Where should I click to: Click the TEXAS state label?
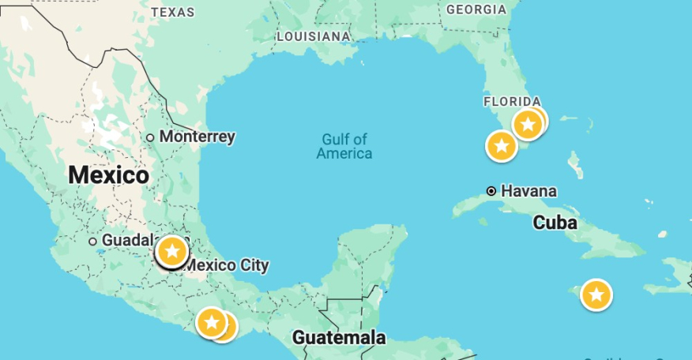[x=172, y=12]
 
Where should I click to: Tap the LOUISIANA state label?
[x=314, y=36]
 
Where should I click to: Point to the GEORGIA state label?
[x=476, y=9]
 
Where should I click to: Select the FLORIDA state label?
[x=512, y=101]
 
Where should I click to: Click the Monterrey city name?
[x=197, y=137]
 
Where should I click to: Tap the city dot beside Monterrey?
[x=150, y=137]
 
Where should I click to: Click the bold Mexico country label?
[x=108, y=174]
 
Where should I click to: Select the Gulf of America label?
[x=344, y=146]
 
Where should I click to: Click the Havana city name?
[x=528, y=191]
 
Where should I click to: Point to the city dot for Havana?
[x=491, y=191]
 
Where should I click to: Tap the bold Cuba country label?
[x=555, y=223]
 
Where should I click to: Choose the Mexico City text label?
[x=227, y=265]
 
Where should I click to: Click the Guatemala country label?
[x=339, y=338]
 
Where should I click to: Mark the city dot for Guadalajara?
[x=92, y=241]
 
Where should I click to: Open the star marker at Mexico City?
[x=171, y=252]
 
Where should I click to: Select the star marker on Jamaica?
[x=596, y=295]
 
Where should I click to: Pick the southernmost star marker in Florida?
[x=501, y=146]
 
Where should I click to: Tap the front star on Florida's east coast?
[x=528, y=124]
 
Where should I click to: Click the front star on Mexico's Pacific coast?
[x=211, y=322]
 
